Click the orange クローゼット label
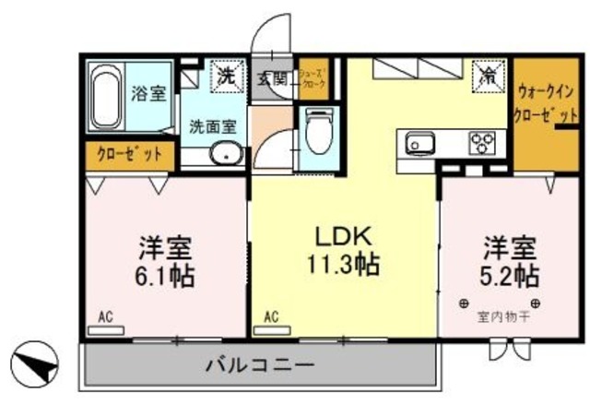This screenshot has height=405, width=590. tap(129, 152)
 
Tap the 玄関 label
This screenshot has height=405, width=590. tap(271, 78)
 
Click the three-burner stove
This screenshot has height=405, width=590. tap(483, 144)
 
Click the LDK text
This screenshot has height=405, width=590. tap(342, 235)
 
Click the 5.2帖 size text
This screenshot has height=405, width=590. tap(507, 274)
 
